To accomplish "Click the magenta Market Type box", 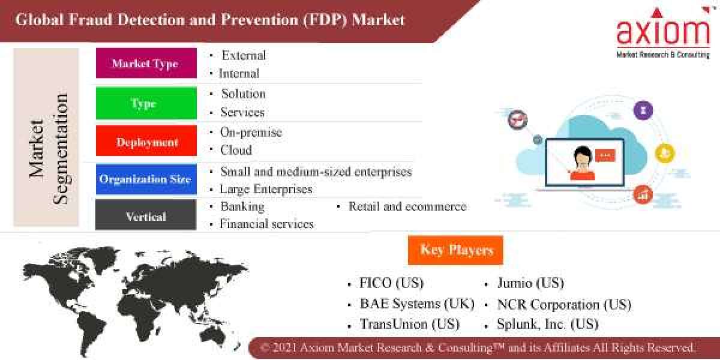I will click(146, 64).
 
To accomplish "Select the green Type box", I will click(146, 103).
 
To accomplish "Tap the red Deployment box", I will click(146, 142).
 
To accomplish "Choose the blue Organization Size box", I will click(146, 179).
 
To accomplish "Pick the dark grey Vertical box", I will click(146, 216).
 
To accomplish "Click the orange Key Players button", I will click(456, 250).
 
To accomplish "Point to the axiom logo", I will click(663, 34).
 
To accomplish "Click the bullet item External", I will click(243, 55).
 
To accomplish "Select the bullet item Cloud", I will click(235, 150).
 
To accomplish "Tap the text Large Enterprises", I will click(265, 189).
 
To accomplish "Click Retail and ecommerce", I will click(407, 206).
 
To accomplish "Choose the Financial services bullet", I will click(266, 224).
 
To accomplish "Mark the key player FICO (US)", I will click(391, 283).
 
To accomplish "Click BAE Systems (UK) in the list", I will click(416, 304).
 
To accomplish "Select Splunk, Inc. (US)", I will click(547, 324).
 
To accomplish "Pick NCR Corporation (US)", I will click(563, 304).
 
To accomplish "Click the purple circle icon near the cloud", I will click(643, 110).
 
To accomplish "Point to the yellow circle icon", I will click(664, 154).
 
